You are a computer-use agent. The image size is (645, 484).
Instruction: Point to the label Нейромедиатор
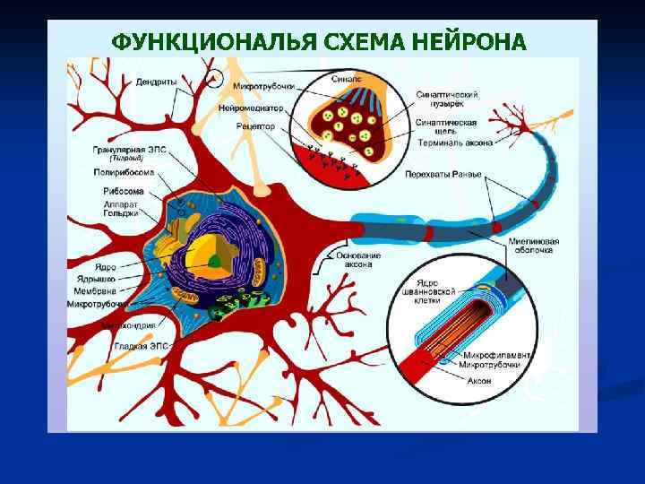tap(252, 108)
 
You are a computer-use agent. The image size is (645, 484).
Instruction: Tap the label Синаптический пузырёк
tap(446, 99)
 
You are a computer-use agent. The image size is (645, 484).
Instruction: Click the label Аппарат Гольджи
tap(122, 209)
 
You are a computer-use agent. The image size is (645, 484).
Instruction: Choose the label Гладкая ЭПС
tap(134, 345)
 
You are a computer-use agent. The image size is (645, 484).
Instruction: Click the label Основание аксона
tap(358, 260)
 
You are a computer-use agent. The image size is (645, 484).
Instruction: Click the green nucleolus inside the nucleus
tap(216, 261)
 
